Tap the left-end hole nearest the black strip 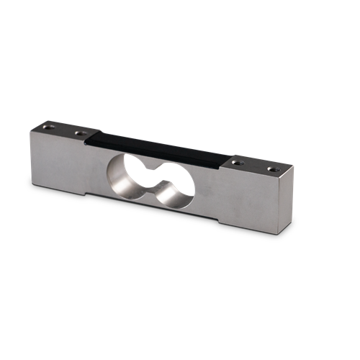tap(77, 132)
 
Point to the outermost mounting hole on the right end tap(272, 170)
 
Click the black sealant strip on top tap(158, 148)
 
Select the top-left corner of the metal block tap(31, 130)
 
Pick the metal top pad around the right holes tap(256, 168)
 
